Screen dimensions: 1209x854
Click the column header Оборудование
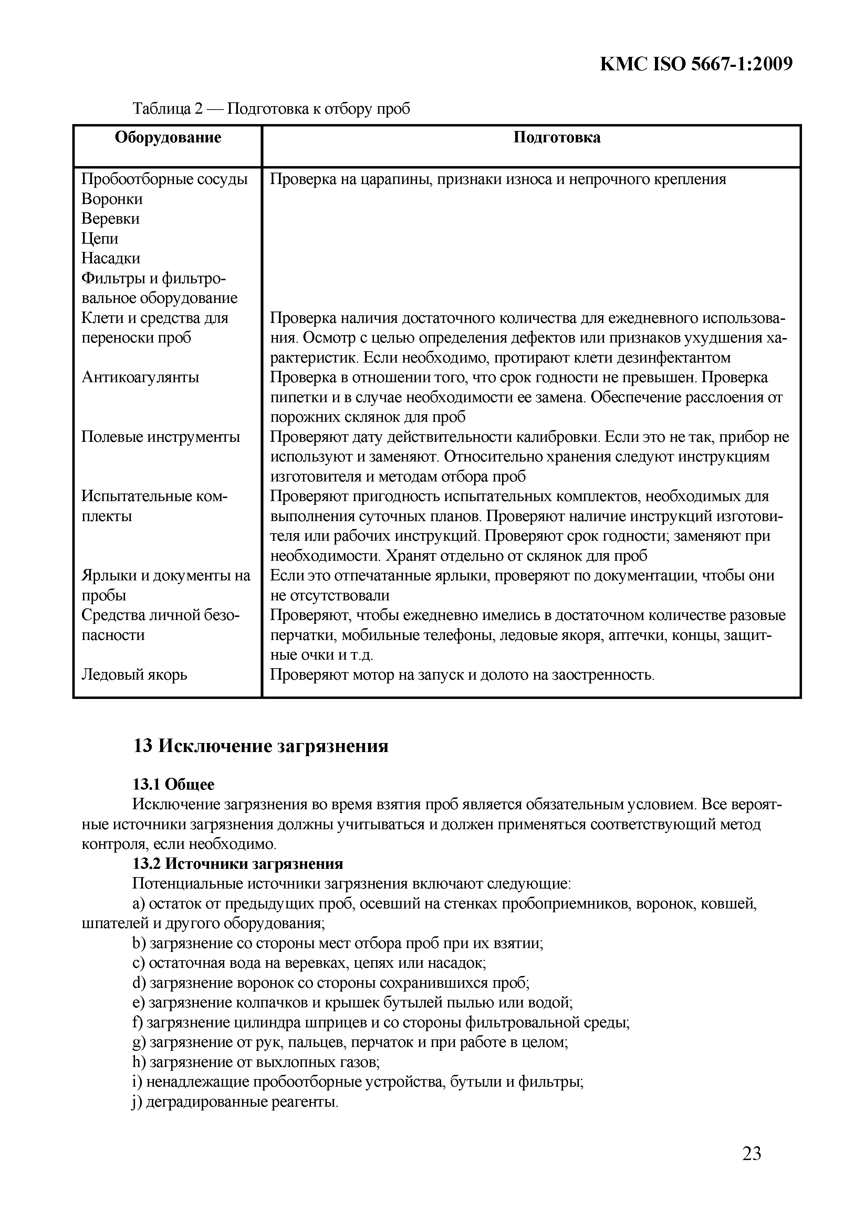(168, 138)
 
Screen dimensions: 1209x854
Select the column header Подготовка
(557, 138)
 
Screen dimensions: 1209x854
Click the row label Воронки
(112, 199)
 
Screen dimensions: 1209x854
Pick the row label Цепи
(100, 238)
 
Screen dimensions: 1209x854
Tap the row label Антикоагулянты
(140, 377)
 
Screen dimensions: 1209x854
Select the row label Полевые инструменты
(160, 437)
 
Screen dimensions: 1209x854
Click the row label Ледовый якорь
(134, 674)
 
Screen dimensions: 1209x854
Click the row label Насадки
(111, 258)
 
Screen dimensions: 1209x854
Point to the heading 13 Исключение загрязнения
(260, 746)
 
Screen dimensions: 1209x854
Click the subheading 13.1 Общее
(174, 785)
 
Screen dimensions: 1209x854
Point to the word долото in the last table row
(505, 674)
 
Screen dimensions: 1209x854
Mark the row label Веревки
(111, 219)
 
